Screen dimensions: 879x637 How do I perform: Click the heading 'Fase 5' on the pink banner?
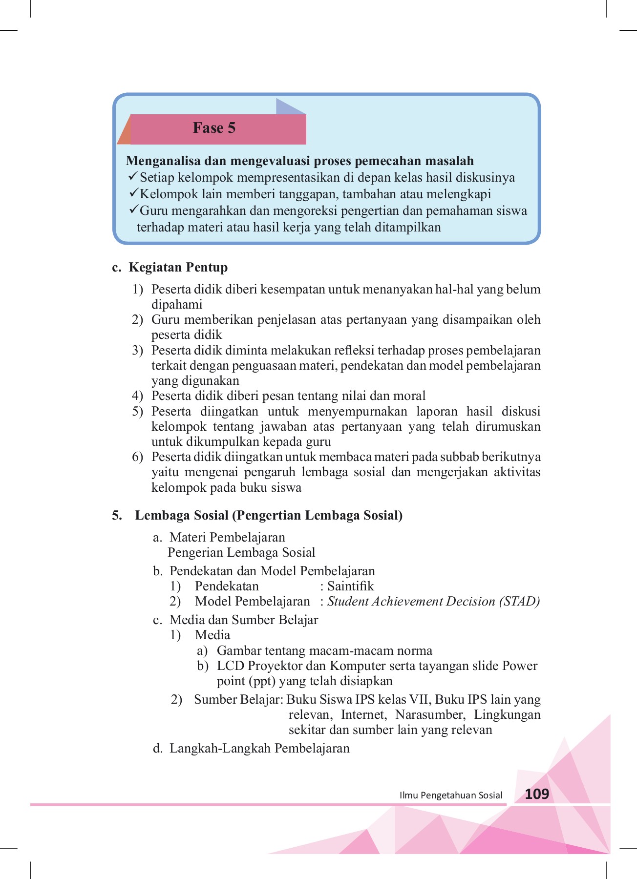(x=214, y=128)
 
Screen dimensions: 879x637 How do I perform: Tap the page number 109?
(x=537, y=794)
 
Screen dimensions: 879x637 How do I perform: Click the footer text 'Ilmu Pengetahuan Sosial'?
(x=450, y=795)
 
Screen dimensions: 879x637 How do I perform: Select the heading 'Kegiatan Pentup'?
(x=178, y=267)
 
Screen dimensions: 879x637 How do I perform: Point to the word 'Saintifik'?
(x=350, y=586)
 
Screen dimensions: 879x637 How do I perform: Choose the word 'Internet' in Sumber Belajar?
(x=363, y=714)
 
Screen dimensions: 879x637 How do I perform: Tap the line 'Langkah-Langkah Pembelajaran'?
(x=259, y=748)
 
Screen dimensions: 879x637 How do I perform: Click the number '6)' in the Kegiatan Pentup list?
(x=137, y=457)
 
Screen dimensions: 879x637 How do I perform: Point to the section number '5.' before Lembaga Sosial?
(x=117, y=515)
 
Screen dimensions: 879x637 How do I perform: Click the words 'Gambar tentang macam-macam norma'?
(x=324, y=650)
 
